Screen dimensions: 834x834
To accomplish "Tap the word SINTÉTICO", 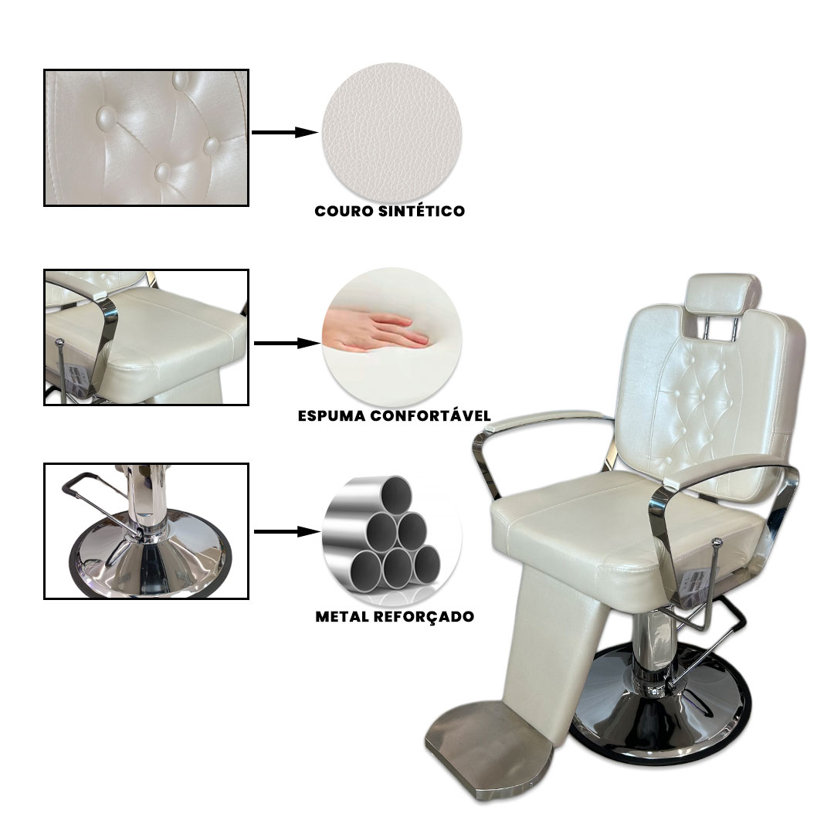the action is pos(422,211).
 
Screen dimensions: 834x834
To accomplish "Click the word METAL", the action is pos(343,616).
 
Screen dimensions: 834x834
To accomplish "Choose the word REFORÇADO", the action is pos(424,617).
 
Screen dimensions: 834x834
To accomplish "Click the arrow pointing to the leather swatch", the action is pos(284,133).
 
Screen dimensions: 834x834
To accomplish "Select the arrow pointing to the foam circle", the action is pos(287,344).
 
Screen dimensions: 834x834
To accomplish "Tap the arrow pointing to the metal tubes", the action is pos(287,531).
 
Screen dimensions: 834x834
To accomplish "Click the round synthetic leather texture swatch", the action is pos(392,134).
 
